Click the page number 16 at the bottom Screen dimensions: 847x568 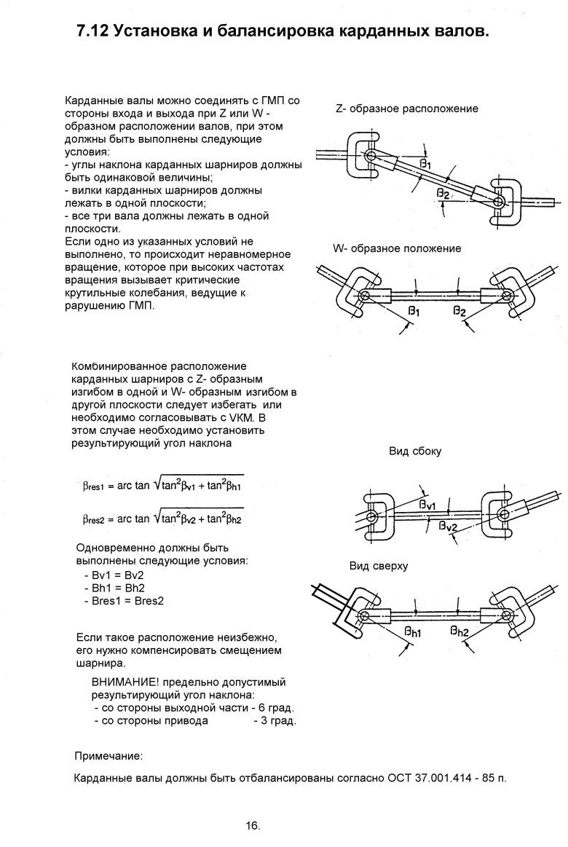253,826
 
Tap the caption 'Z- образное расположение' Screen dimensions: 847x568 406,109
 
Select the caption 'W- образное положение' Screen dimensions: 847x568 397,248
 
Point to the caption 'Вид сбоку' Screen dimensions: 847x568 415,451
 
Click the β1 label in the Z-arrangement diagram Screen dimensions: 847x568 426,162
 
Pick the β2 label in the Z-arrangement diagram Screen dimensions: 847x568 443,192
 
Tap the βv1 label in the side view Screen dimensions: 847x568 427,504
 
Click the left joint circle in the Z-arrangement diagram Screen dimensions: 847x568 371,157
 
